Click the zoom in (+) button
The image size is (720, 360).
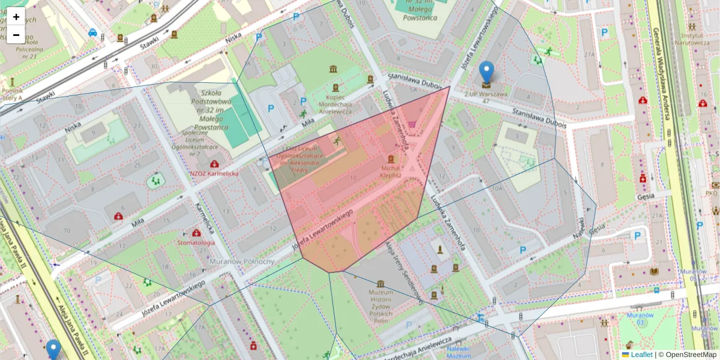(16, 17)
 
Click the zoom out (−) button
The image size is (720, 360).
(16, 34)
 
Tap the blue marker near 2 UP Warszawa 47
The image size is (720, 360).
(487, 73)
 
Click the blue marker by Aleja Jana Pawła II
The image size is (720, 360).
(53, 350)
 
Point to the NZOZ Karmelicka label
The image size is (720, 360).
(214, 173)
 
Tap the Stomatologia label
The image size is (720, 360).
(196, 242)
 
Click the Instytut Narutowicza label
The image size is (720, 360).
(692, 40)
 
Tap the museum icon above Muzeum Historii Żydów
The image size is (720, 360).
(380, 283)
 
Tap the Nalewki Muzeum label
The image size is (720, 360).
(460, 352)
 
